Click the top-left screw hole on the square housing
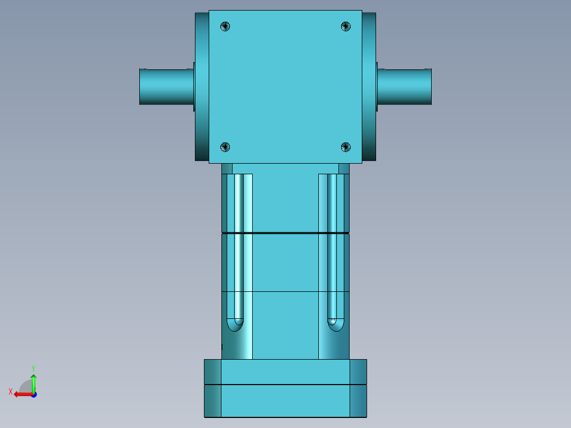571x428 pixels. (x=226, y=26)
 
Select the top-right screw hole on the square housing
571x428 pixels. (x=345, y=26)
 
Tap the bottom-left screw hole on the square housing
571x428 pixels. (x=225, y=147)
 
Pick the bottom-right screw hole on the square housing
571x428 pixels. (x=345, y=147)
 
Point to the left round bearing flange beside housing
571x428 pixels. (x=202, y=86)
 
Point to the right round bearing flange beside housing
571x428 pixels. (x=369, y=86)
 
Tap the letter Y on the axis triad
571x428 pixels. (x=33, y=368)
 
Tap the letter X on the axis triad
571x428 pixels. (x=11, y=392)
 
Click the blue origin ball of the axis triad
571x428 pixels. (x=33, y=394)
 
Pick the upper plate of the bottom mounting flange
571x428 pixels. (x=285, y=372)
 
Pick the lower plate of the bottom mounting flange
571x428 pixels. (x=285, y=401)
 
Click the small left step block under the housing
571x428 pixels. (x=227, y=168)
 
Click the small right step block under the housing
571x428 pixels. (x=344, y=168)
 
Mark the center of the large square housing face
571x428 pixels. (x=285, y=86)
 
